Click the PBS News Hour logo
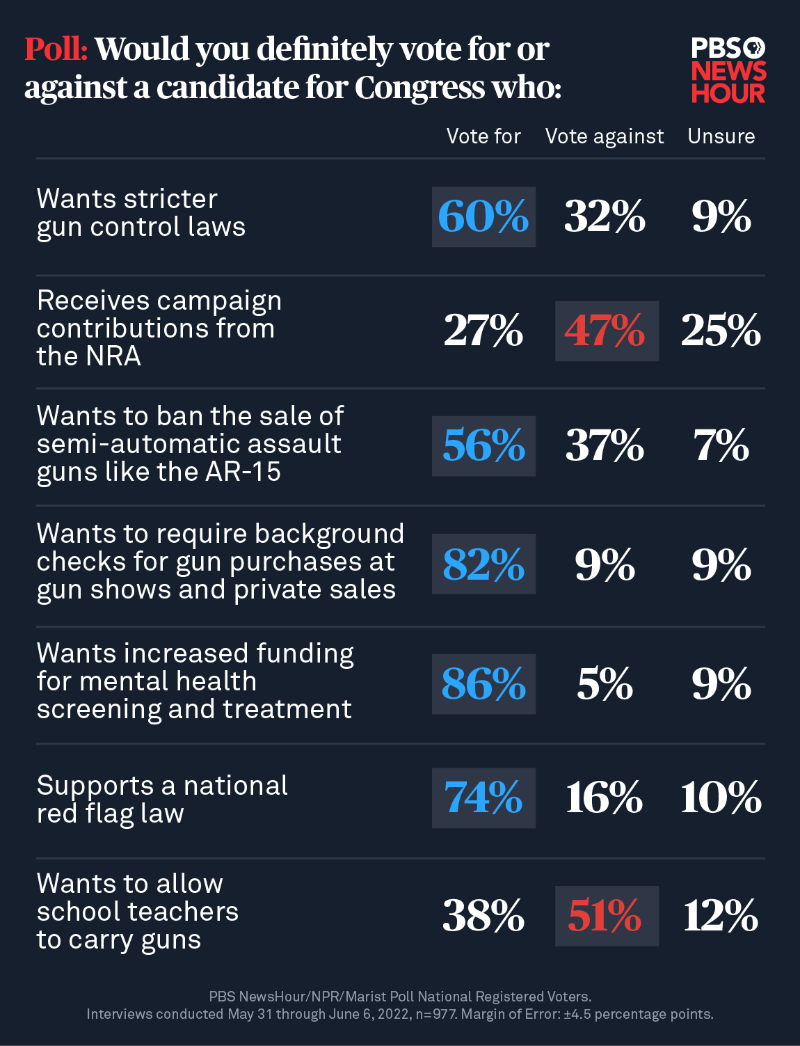[728, 70]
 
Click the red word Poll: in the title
[56, 49]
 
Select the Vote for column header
[483, 136]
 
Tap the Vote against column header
[605, 136]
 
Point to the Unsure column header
[721, 136]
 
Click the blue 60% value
[483, 216]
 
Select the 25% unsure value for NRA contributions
[721, 331]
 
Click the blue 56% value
[483, 445]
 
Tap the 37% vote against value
[605, 445]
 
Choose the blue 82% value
[483, 564]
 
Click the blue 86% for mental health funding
[483, 683]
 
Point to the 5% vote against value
[605, 683]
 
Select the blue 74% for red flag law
[483, 798]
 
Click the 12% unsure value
[721, 915]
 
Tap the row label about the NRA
[159, 328]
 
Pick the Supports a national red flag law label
[161, 799]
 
